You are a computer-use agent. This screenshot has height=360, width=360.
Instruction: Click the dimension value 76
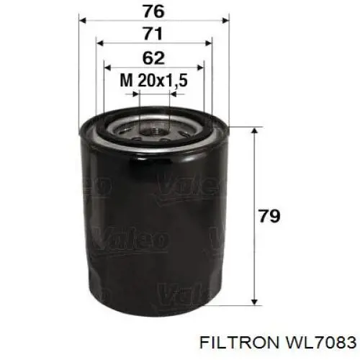[x=154, y=12]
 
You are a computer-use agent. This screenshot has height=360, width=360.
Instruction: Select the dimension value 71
[x=153, y=34]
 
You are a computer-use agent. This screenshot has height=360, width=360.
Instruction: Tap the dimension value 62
[x=153, y=58]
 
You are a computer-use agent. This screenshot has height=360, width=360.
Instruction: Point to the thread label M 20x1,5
[x=153, y=80]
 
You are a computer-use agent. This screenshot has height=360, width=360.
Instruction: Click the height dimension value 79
[x=269, y=216]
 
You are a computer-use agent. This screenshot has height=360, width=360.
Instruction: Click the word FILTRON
[x=238, y=342]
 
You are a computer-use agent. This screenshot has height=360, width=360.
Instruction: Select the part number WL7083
[x=320, y=342]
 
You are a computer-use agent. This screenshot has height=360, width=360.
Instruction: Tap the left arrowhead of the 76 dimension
[x=82, y=21]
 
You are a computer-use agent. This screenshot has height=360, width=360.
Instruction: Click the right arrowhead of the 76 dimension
[x=226, y=21]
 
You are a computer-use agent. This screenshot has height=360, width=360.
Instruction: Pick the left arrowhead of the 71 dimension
[x=99, y=43]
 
